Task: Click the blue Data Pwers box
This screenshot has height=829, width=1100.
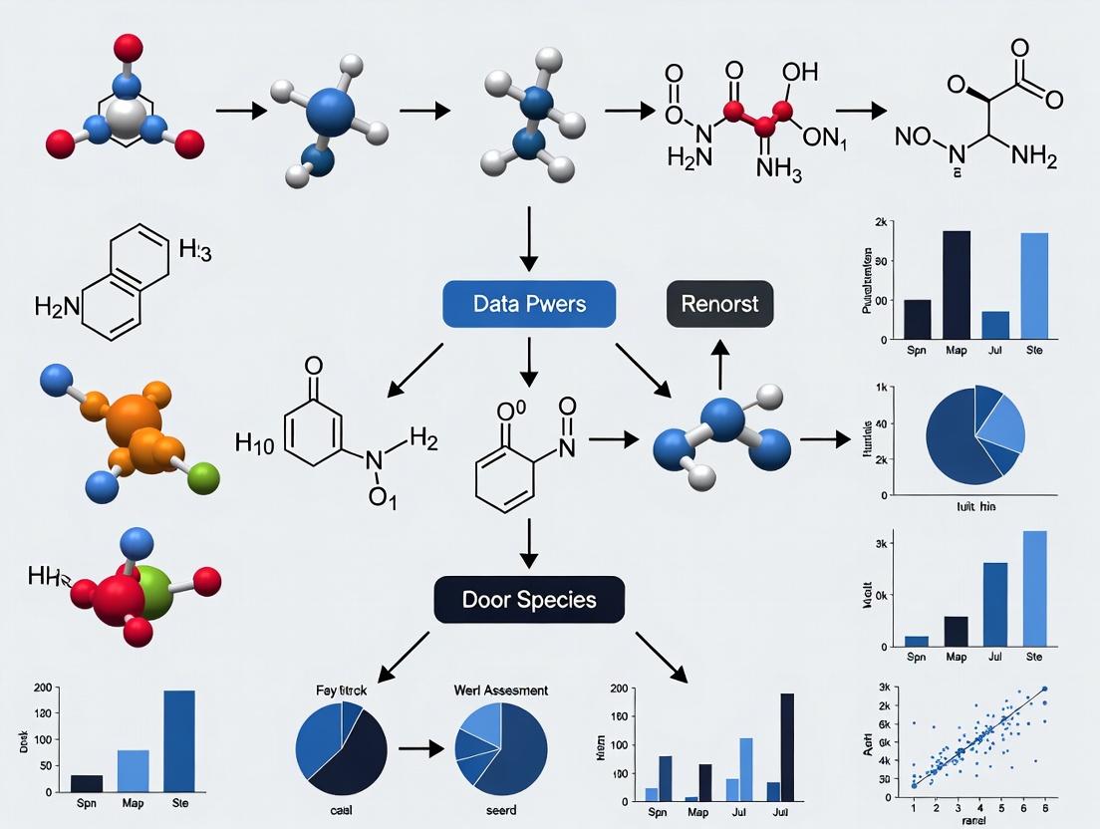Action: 529,304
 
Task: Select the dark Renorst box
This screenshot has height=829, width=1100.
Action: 719,304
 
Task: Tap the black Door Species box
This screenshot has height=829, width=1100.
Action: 529,600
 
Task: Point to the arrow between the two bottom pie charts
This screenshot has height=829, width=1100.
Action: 419,745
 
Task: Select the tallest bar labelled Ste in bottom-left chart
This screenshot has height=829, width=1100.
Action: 179,740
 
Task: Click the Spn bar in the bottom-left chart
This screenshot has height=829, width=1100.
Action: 87,782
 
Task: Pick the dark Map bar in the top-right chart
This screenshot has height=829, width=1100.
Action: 956,284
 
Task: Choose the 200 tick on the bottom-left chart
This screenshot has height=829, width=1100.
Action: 41,688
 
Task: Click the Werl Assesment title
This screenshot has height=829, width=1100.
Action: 500,690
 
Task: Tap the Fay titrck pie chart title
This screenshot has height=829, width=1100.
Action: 341,690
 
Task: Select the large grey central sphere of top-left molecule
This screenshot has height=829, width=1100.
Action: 126,118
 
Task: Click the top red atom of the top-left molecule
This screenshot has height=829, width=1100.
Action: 128,46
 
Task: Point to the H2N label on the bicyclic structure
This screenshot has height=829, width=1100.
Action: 57,307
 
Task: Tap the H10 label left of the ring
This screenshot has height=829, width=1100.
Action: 255,442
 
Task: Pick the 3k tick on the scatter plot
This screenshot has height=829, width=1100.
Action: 883,689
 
